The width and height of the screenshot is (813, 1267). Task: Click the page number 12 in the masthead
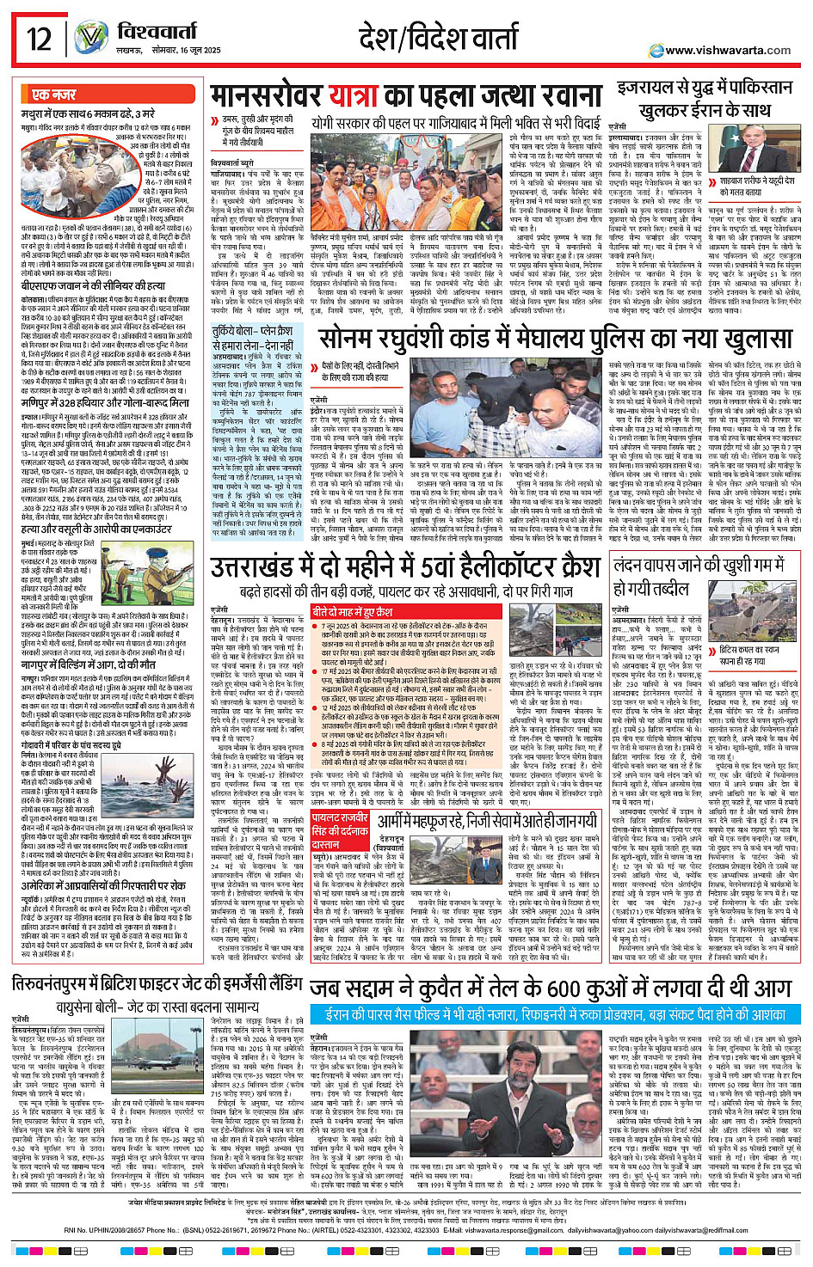click(x=40, y=38)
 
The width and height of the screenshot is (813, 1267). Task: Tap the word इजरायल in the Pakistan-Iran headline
click(x=647, y=90)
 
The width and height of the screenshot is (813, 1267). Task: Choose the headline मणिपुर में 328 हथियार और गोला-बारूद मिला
click(x=105, y=402)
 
